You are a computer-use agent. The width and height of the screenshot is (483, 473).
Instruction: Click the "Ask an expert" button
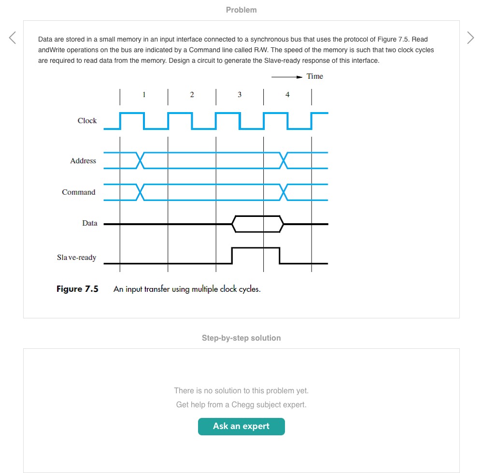(x=241, y=426)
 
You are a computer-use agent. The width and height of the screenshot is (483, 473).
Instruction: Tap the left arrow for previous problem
(x=13, y=38)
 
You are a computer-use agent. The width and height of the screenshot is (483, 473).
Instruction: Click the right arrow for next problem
(x=470, y=38)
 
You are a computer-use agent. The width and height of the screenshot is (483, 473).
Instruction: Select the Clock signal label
(x=87, y=121)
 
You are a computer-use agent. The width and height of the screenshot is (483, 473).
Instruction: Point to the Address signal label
(x=83, y=161)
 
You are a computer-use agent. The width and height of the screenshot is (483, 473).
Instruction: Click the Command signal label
(x=79, y=192)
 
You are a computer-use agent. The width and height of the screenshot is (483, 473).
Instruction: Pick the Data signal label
(x=90, y=223)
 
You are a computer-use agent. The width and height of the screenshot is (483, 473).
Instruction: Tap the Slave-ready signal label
(x=76, y=258)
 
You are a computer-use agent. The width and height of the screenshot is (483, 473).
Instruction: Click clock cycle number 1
(x=144, y=95)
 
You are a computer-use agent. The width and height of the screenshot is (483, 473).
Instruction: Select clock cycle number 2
(x=192, y=95)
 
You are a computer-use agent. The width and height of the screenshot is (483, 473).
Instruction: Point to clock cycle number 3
(x=240, y=95)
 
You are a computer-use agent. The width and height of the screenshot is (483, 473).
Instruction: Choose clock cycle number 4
(x=287, y=95)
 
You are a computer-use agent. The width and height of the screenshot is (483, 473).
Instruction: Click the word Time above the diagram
(x=314, y=76)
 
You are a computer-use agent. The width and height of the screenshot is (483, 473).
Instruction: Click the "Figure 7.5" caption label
(x=77, y=289)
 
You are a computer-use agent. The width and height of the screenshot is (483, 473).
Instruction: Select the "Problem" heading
(x=241, y=10)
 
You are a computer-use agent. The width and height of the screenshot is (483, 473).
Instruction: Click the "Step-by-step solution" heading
(x=241, y=338)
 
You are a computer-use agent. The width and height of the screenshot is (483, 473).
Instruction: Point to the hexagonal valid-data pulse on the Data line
(x=257, y=224)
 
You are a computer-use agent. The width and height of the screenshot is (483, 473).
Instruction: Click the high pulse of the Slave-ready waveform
(x=256, y=248)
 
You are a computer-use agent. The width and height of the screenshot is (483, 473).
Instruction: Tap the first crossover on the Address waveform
(x=140, y=160)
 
